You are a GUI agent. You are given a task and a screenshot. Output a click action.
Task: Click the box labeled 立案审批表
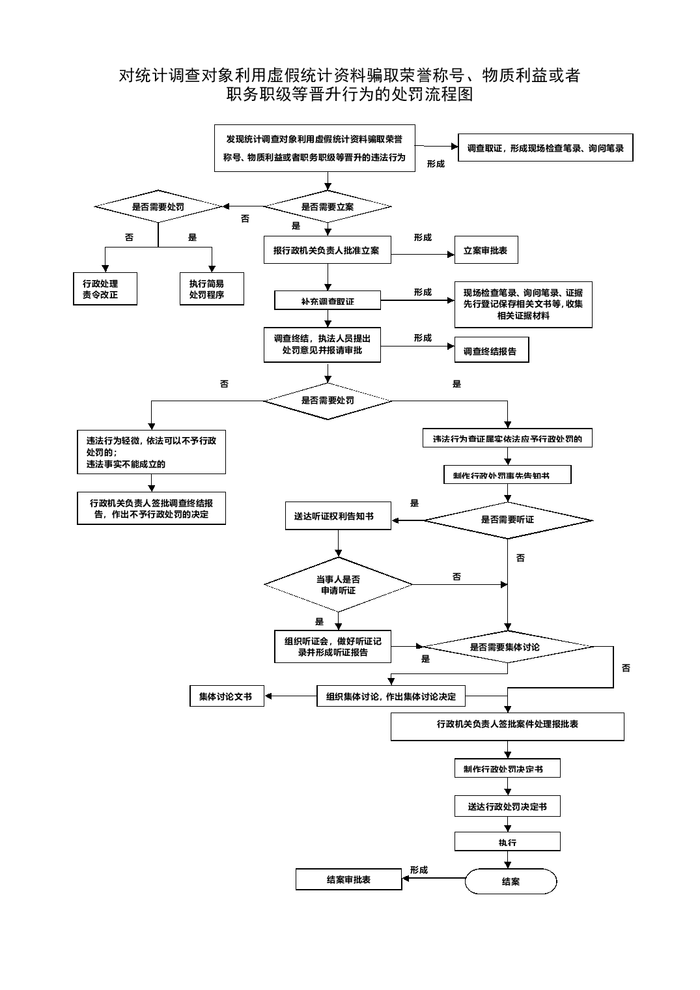click(486, 250)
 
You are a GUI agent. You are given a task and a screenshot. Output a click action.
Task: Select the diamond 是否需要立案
click(328, 207)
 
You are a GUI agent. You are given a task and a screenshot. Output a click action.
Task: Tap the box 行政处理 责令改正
click(105, 289)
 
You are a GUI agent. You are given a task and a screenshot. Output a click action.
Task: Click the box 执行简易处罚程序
click(212, 289)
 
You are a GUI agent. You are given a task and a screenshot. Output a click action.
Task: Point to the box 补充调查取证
click(328, 301)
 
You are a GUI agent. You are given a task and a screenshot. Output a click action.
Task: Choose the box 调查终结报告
click(492, 351)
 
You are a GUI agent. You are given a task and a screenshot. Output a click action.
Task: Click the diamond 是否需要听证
click(508, 520)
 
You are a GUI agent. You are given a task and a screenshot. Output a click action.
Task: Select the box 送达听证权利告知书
click(338, 516)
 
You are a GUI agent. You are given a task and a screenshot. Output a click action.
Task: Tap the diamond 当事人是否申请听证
click(338, 584)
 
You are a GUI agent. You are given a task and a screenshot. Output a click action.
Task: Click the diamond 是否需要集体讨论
click(508, 647)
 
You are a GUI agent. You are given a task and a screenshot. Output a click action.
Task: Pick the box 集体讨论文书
click(227, 696)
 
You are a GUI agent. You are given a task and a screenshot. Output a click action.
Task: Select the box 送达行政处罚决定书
click(507, 806)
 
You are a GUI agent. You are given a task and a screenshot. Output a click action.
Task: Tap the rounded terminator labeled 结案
click(511, 881)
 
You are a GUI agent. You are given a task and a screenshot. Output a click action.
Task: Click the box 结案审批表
click(348, 879)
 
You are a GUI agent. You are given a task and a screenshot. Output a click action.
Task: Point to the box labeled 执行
click(507, 842)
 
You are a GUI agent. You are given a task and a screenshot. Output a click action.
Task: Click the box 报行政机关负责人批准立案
click(327, 250)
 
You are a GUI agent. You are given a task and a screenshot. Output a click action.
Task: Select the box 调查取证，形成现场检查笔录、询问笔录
click(545, 148)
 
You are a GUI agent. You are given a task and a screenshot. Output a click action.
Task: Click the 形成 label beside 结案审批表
click(419, 870)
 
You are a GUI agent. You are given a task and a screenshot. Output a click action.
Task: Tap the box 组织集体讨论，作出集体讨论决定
click(391, 696)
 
